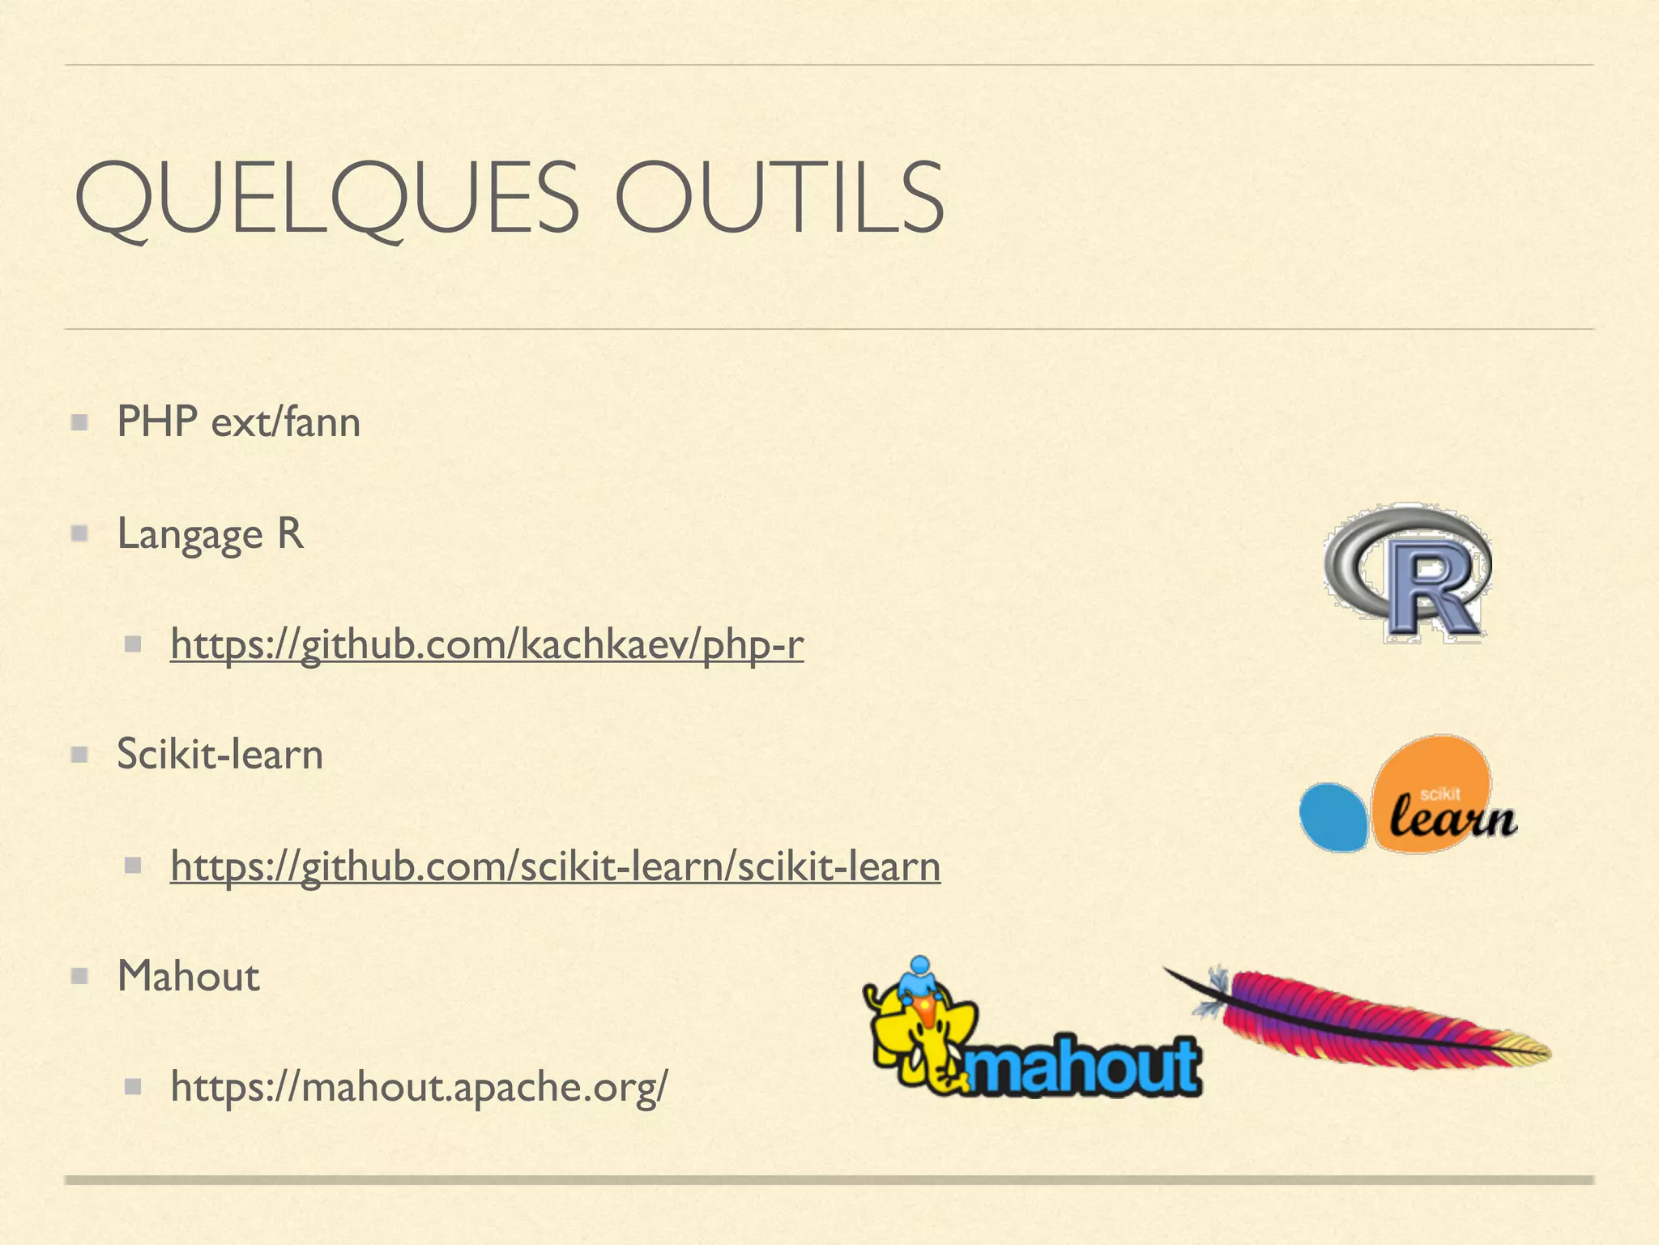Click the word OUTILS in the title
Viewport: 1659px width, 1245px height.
click(x=779, y=199)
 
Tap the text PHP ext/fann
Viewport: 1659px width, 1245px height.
click(x=238, y=422)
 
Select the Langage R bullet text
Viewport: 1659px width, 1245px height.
click(x=210, y=534)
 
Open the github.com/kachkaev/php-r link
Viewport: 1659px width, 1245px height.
click(x=487, y=645)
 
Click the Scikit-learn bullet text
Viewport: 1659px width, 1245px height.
click(x=220, y=755)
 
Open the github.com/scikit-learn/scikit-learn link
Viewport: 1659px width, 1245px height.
click(x=555, y=866)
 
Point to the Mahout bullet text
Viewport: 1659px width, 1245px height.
click(x=188, y=976)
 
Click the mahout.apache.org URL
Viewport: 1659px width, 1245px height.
click(x=419, y=1087)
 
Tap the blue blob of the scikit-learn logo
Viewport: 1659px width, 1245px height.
click(x=1333, y=817)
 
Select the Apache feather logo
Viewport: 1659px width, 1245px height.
click(x=1369, y=1017)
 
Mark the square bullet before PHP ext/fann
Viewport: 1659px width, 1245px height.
click(x=79, y=422)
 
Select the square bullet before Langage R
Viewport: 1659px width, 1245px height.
click(x=79, y=534)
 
